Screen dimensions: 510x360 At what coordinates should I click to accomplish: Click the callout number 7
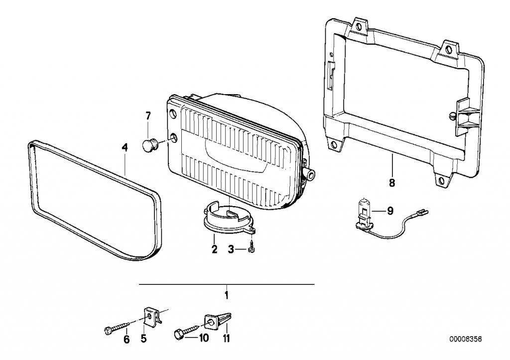coord(148,116)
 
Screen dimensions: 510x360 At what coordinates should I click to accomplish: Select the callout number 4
coord(125,148)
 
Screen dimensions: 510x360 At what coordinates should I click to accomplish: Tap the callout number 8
coord(392,183)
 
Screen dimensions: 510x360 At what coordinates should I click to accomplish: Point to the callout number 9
coord(390,211)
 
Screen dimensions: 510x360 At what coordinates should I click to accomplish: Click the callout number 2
coord(214,249)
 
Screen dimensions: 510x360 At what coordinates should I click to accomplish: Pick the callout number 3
coord(231,250)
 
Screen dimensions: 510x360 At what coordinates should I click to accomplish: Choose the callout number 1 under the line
coord(227,295)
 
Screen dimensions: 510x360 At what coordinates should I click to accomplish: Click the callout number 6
coord(127,340)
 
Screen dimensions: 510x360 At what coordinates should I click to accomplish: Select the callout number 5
coord(143,339)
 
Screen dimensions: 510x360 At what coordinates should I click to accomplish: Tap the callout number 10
coord(204,338)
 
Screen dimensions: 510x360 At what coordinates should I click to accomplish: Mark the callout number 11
coord(227,338)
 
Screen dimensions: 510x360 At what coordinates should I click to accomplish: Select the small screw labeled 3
coord(252,246)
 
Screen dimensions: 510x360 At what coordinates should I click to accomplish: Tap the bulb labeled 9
coord(364,215)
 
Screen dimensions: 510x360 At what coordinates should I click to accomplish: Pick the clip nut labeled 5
coord(151,316)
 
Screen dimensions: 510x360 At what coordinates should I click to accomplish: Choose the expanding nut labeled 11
coord(218,321)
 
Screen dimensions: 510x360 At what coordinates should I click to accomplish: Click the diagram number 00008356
coord(466,339)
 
